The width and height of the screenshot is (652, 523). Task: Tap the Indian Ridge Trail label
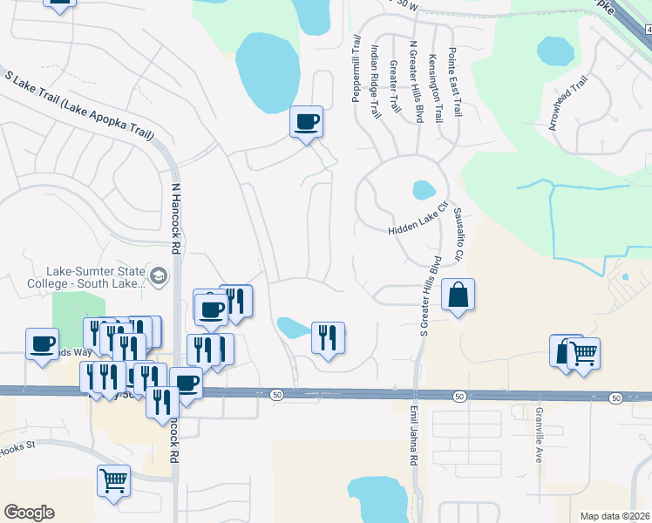(x=376, y=83)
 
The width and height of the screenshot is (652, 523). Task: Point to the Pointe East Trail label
(x=454, y=84)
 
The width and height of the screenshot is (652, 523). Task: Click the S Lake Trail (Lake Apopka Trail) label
(x=80, y=107)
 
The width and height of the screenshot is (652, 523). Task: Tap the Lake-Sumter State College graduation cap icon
(x=158, y=277)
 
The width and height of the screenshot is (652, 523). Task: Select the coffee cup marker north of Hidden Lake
(x=306, y=122)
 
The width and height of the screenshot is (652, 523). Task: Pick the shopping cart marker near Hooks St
(x=113, y=480)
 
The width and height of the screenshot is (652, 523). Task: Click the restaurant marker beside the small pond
(x=328, y=337)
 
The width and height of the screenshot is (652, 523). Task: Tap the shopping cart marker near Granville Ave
(x=583, y=354)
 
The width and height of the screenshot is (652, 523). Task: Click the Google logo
(x=29, y=513)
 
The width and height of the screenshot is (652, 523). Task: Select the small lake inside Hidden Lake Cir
(x=423, y=189)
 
